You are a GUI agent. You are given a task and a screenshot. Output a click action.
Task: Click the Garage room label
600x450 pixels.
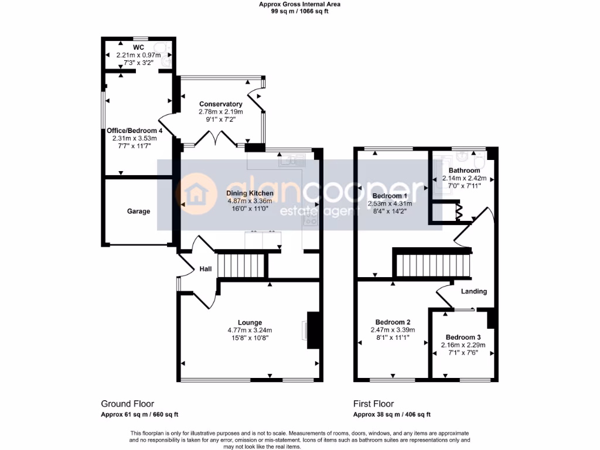tap(138, 211)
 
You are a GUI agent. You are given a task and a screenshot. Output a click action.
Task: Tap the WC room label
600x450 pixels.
tap(138, 47)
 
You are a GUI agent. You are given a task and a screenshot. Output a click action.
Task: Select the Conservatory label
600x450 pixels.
tap(221, 104)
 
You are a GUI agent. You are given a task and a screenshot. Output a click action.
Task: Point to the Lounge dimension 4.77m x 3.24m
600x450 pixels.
tap(250, 330)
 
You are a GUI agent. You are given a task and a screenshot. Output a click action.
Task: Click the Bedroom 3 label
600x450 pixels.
tap(463, 337)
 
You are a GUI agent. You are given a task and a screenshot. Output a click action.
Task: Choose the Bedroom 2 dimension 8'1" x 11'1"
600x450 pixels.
tap(393, 337)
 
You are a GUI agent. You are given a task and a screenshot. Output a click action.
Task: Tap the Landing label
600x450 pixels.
tap(473, 292)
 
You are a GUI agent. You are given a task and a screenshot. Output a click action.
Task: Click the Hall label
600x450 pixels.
tap(206, 269)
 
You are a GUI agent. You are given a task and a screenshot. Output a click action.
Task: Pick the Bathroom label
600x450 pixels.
tap(464, 171)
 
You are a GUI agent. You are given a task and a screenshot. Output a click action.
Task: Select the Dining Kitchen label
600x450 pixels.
tap(250, 193)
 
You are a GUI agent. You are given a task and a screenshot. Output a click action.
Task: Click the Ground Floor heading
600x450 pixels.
tap(127, 404)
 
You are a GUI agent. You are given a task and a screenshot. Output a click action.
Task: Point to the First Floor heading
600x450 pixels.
tap(373, 404)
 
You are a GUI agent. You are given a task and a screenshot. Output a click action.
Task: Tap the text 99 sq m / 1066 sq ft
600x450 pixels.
tap(299, 12)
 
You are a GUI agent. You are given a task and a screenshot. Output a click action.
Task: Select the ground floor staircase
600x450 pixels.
tap(241, 265)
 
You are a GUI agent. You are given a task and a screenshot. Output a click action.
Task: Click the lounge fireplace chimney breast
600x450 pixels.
tap(313, 330)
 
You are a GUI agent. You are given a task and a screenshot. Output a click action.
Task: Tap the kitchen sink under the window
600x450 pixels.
tap(292, 161)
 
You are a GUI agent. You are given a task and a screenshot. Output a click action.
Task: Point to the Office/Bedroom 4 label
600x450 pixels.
tap(134, 131)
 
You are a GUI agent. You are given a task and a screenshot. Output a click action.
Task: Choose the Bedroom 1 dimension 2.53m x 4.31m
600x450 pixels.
tap(390, 203)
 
